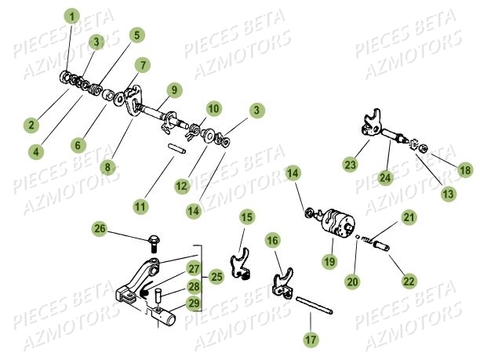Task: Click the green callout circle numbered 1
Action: point(72,16)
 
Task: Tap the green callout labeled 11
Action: point(140,207)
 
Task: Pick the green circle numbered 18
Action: point(465,170)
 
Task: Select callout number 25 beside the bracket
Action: point(216,276)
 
